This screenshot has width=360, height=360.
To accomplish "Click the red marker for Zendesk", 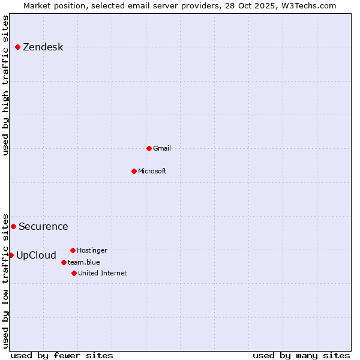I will (x=17, y=47).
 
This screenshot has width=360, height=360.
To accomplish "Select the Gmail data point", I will (x=149, y=148).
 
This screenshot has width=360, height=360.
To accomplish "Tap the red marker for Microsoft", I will (x=134, y=171).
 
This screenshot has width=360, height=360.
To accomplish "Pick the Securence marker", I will (x=13, y=226).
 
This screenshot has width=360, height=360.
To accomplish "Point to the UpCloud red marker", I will (x=11, y=255).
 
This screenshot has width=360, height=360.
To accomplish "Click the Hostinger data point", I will (x=73, y=250).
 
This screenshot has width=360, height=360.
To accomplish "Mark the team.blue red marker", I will (x=64, y=262).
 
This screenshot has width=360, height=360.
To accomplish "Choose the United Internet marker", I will (x=74, y=273).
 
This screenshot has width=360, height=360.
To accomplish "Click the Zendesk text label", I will (x=43, y=47).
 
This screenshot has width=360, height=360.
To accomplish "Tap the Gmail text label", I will (x=162, y=148).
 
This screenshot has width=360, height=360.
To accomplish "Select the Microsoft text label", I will (x=152, y=171).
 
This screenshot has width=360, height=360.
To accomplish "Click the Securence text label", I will (x=43, y=227).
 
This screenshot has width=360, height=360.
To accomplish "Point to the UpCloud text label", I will (x=36, y=256).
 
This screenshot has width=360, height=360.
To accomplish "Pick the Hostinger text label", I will (x=92, y=250).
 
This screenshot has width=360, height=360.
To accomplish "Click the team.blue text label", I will (x=84, y=262).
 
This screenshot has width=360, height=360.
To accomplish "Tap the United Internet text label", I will (x=102, y=273).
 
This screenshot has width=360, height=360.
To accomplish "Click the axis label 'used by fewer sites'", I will (x=62, y=355).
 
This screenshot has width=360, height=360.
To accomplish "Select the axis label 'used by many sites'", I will (x=301, y=355).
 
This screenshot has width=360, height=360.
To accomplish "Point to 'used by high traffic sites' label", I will (x=6, y=85).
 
